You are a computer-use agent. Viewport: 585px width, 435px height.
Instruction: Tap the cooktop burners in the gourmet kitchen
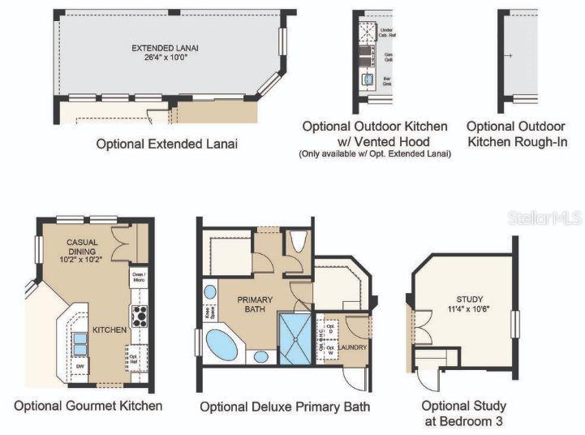click(139, 315)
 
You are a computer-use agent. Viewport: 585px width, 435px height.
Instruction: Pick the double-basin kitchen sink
click(80, 343)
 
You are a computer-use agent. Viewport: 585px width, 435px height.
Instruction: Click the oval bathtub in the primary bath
click(222, 345)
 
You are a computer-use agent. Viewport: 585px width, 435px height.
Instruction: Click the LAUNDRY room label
click(352, 347)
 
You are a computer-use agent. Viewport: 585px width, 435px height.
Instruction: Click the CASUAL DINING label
click(82, 247)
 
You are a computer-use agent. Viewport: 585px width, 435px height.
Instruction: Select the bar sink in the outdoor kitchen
click(368, 80)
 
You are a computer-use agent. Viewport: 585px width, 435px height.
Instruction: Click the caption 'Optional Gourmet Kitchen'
click(88, 405)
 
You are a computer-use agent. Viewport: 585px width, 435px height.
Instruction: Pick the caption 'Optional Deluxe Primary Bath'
click(285, 407)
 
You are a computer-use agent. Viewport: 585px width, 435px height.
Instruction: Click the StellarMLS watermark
click(544, 217)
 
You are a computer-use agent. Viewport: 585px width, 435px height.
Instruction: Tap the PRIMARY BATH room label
click(255, 304)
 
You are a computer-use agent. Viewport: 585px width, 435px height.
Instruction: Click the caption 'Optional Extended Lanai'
click(166, 144)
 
